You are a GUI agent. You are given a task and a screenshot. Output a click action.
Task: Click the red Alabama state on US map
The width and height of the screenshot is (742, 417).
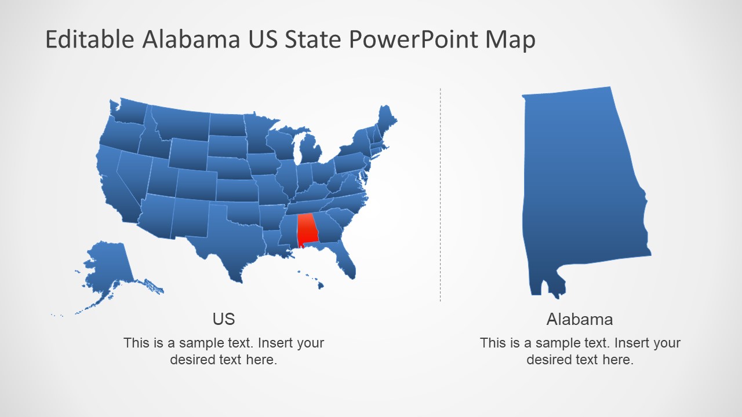coord(307,230)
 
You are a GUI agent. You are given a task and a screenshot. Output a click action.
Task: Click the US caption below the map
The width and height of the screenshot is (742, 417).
coord(224,319)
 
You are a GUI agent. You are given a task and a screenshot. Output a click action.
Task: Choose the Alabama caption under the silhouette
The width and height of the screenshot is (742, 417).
coord(579,319)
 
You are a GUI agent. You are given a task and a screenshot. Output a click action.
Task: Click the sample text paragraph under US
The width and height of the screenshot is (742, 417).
coord(224,351)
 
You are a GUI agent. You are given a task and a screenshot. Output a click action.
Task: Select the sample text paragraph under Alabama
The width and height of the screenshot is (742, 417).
coord(580,351)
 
